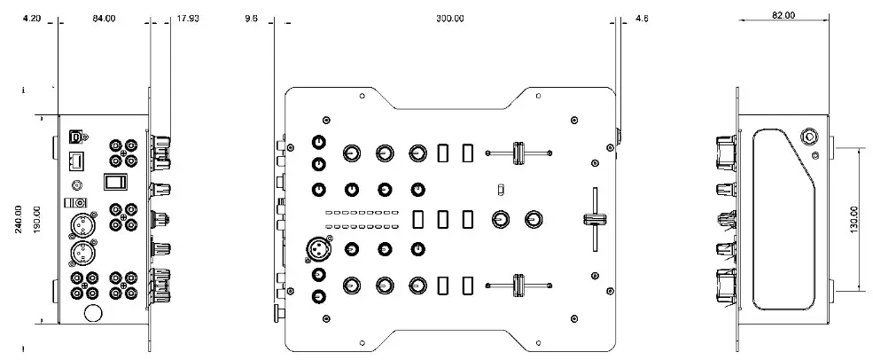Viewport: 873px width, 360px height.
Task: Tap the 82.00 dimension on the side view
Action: click(x=783, y=15)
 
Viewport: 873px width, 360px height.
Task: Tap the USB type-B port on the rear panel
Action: click(x=77, y=137)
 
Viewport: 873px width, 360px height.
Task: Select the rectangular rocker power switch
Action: click(x=114, y=183)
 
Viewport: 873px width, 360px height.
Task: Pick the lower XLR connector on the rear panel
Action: click(x=78, y=254)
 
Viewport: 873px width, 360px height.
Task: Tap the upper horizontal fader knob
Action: click(x=518, y=153)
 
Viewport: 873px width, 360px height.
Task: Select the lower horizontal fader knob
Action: click(x=518, y=285)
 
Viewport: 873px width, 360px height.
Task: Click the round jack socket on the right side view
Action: click(x=808, y=137)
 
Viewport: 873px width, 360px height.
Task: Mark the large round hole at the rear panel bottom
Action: click(x=90, y=313)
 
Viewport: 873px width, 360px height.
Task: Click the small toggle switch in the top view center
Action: click(x=501, y=189)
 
